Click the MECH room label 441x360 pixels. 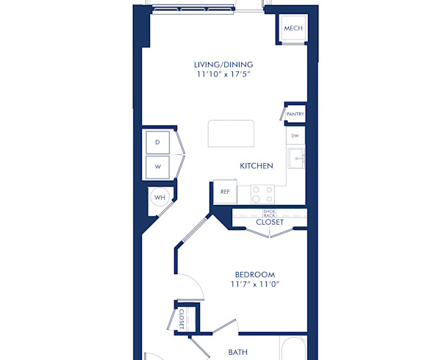[293, 29]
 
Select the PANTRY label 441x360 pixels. [295, 115]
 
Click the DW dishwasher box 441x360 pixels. [295, 136]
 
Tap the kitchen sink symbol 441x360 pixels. [295, 158]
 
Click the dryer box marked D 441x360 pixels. [157, 142]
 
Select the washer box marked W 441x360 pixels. [157, 167]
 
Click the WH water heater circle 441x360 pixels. [159, 197]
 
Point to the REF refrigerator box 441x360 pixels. [225, 192]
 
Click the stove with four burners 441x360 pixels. [262, 194]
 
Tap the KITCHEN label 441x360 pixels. [257, 166]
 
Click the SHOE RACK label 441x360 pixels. [269, 212]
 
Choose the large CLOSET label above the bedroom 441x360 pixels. [270, 222]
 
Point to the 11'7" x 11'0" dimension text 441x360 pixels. [255, 285]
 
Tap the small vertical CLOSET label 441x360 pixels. [182, 319]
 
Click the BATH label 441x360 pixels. [237, 353]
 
